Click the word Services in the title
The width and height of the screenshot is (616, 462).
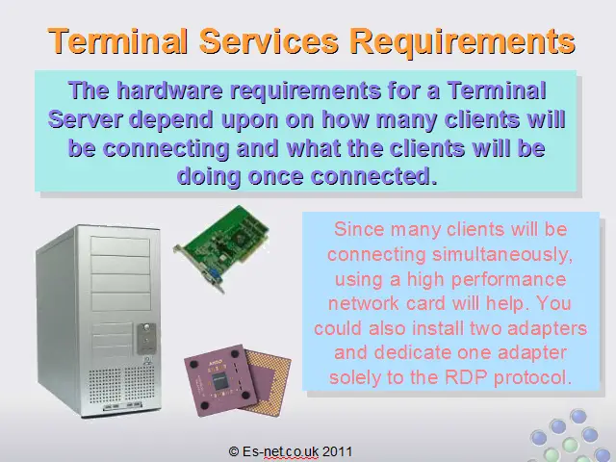point(269,40)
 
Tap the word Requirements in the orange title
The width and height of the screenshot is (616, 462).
point(463,41)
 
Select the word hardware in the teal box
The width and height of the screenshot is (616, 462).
point(169,90)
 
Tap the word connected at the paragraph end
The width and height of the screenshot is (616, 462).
point(373,176)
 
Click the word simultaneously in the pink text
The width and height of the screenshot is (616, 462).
point(502,255)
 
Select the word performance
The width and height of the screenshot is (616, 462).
point(509,280)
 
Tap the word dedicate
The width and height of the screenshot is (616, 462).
point(413,352)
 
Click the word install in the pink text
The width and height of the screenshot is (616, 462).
point(438,328)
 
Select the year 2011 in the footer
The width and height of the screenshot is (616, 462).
point(337,451)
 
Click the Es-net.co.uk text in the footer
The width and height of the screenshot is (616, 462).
point(280,451)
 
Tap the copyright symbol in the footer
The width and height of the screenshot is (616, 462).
point(233,451)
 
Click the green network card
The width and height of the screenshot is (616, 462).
point(221,247)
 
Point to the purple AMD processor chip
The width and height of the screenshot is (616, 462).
point(238,379)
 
